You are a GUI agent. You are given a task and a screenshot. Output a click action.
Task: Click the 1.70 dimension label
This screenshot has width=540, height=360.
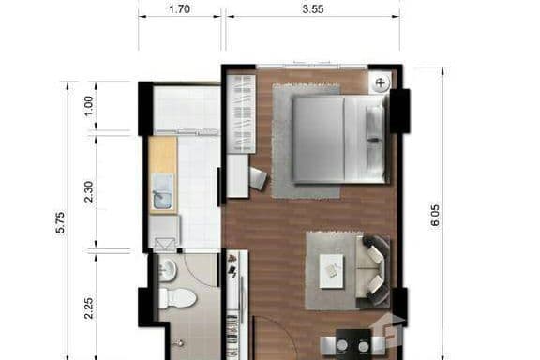click(180, 10)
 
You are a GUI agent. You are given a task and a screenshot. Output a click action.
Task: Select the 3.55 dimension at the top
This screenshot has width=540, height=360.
click(310, 10)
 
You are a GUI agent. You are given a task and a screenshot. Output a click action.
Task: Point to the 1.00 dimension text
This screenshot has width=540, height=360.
click(89, 106)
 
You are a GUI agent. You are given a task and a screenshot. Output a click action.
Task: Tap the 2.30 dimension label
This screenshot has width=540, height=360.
click(89, 191)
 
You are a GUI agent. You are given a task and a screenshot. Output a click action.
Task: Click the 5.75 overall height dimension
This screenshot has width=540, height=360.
click(61, 221)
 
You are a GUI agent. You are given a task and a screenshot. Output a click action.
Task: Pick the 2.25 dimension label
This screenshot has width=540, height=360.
click(89, 307)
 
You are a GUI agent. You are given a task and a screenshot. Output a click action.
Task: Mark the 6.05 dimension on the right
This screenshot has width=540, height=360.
click(434, 216)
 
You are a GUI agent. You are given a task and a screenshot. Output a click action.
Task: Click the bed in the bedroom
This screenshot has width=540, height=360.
click(337, 139)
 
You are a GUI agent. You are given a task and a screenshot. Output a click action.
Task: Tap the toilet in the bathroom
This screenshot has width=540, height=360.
click(175, 299)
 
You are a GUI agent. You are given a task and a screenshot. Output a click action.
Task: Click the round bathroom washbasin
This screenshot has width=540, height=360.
click(168, 271)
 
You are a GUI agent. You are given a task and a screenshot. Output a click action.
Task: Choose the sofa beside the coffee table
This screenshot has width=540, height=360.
click(376, 271)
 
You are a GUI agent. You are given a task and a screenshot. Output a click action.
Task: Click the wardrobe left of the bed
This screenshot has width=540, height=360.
click(242, 113)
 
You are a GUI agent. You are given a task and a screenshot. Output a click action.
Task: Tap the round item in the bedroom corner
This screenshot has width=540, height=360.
click(381, 83)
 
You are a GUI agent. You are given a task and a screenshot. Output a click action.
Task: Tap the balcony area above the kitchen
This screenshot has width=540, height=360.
click(187, 109)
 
